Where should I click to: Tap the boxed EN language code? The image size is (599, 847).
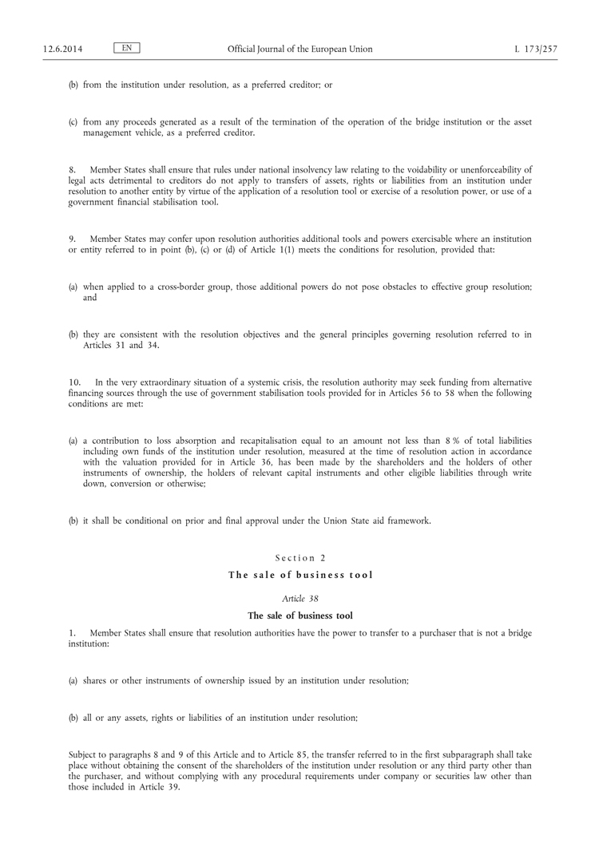pyautogui.click(x=127, y=49)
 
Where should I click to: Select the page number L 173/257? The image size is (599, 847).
pyautogui.click(x=536, y=49)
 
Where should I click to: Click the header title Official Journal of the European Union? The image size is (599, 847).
pyautogui.click(x=299, y=49)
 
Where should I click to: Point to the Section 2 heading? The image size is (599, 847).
pyautogui.click(x=300, y=558)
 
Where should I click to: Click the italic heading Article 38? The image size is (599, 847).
pyautogui.click(x=300, y=598)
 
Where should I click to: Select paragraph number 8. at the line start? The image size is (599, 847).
pyautogui.click(x=72, y=170)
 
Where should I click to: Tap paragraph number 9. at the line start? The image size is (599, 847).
pyautogui.click(x=72, y=239)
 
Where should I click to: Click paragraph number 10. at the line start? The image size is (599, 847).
pyautogui.click(x=74, y=382)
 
